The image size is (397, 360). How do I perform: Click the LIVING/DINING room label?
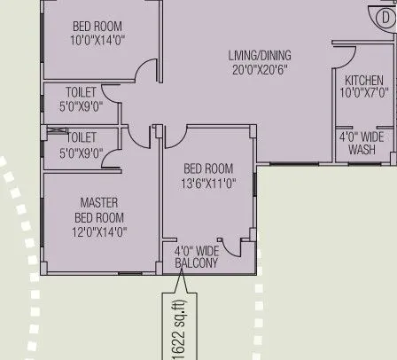pyautogui.click(x=259, y=56)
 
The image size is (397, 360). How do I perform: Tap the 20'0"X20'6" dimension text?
pyautogui.click(x=259, y=69)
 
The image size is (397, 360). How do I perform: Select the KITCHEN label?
pyautogui.click(x=362, y=80)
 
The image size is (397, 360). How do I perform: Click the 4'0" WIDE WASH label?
pyautogui.click(x=362, y=144)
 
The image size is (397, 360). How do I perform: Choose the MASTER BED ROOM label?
pyautogui.click(x=99, y=209)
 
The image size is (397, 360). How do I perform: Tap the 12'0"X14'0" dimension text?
pyautogui.click(x=99, y=231)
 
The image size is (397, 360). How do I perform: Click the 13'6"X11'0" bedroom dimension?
pyautogui.click(x=208, y=184)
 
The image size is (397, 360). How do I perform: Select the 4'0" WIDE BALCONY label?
pyautogui.click(x=197, y=257)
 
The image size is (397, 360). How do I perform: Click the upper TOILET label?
pyautogui.click(x=82, y=91)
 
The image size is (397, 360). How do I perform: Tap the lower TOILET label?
pyautogui.click(x=82, y=138)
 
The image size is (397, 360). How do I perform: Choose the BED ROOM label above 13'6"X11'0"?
pyautogui.click(x=208, y=169)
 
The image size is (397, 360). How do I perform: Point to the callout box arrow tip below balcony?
pyautogui.click(x=183, y=277)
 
